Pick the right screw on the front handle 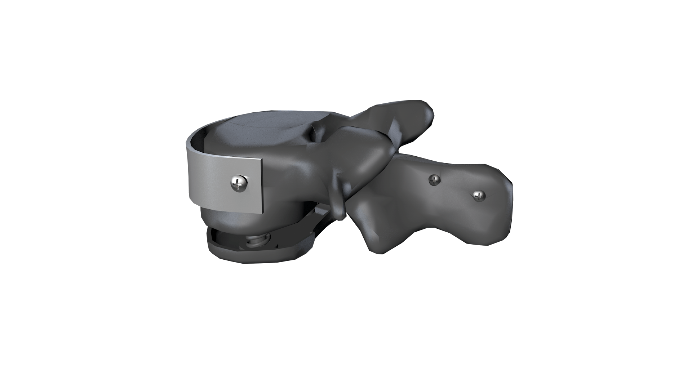(x=479, y=196)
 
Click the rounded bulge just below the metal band (x=227, y=223)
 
